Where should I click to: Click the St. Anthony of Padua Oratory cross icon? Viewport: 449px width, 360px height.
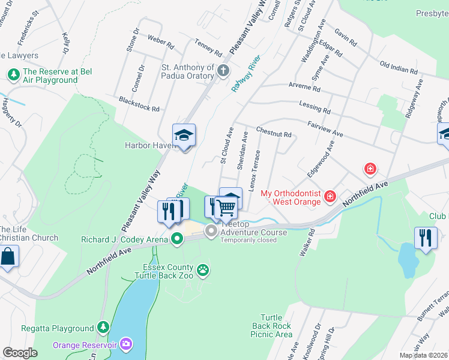223,71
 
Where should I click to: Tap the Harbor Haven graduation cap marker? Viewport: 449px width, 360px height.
184,136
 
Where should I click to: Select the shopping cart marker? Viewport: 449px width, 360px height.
226,208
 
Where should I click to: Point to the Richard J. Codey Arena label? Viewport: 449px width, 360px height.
125,240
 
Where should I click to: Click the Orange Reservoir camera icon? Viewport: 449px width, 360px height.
127,344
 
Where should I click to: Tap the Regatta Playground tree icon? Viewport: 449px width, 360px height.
104,328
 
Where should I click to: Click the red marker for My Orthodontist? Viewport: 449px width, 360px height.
330,196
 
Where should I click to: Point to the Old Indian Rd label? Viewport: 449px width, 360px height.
399,66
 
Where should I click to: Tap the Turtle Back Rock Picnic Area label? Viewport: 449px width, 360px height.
276,325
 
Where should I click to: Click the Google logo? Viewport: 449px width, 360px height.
20,353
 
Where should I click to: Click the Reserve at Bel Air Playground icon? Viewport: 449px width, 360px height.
12,74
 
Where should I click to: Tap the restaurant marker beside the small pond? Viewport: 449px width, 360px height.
427,237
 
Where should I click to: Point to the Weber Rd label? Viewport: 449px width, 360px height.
161,43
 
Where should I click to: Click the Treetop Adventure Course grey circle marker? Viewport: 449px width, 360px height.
211,231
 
